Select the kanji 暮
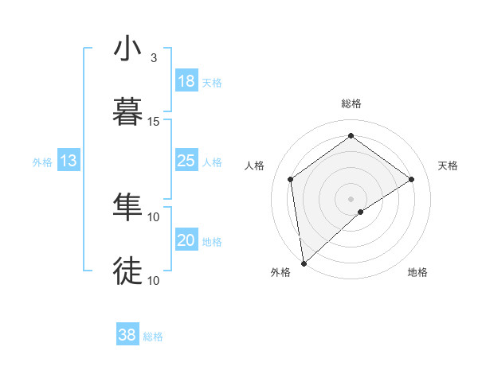128,112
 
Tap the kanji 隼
128,207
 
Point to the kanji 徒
128,271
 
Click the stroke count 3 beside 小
154,58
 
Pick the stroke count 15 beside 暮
154,122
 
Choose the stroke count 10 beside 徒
154,280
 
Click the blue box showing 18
186,81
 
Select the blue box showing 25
186,161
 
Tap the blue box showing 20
186,240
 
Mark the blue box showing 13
69,161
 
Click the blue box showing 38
127,335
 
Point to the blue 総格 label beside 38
153,337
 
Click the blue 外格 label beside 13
42,162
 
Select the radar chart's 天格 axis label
448,166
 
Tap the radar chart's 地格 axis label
417,272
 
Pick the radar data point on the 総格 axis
351,136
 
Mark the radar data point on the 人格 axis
291,179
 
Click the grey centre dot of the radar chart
351,198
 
